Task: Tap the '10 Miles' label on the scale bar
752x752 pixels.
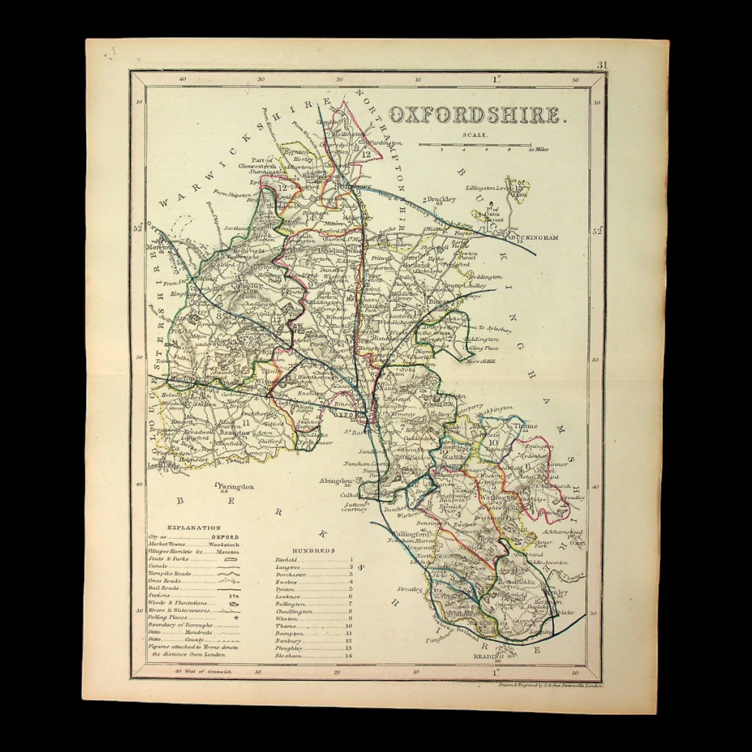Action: [539, 150]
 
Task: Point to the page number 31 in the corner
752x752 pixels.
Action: [602, 65]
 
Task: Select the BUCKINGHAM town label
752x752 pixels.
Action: [535, 238]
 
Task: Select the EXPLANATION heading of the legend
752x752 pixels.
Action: [193, 528]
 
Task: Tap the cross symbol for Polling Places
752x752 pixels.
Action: [236, 618]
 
